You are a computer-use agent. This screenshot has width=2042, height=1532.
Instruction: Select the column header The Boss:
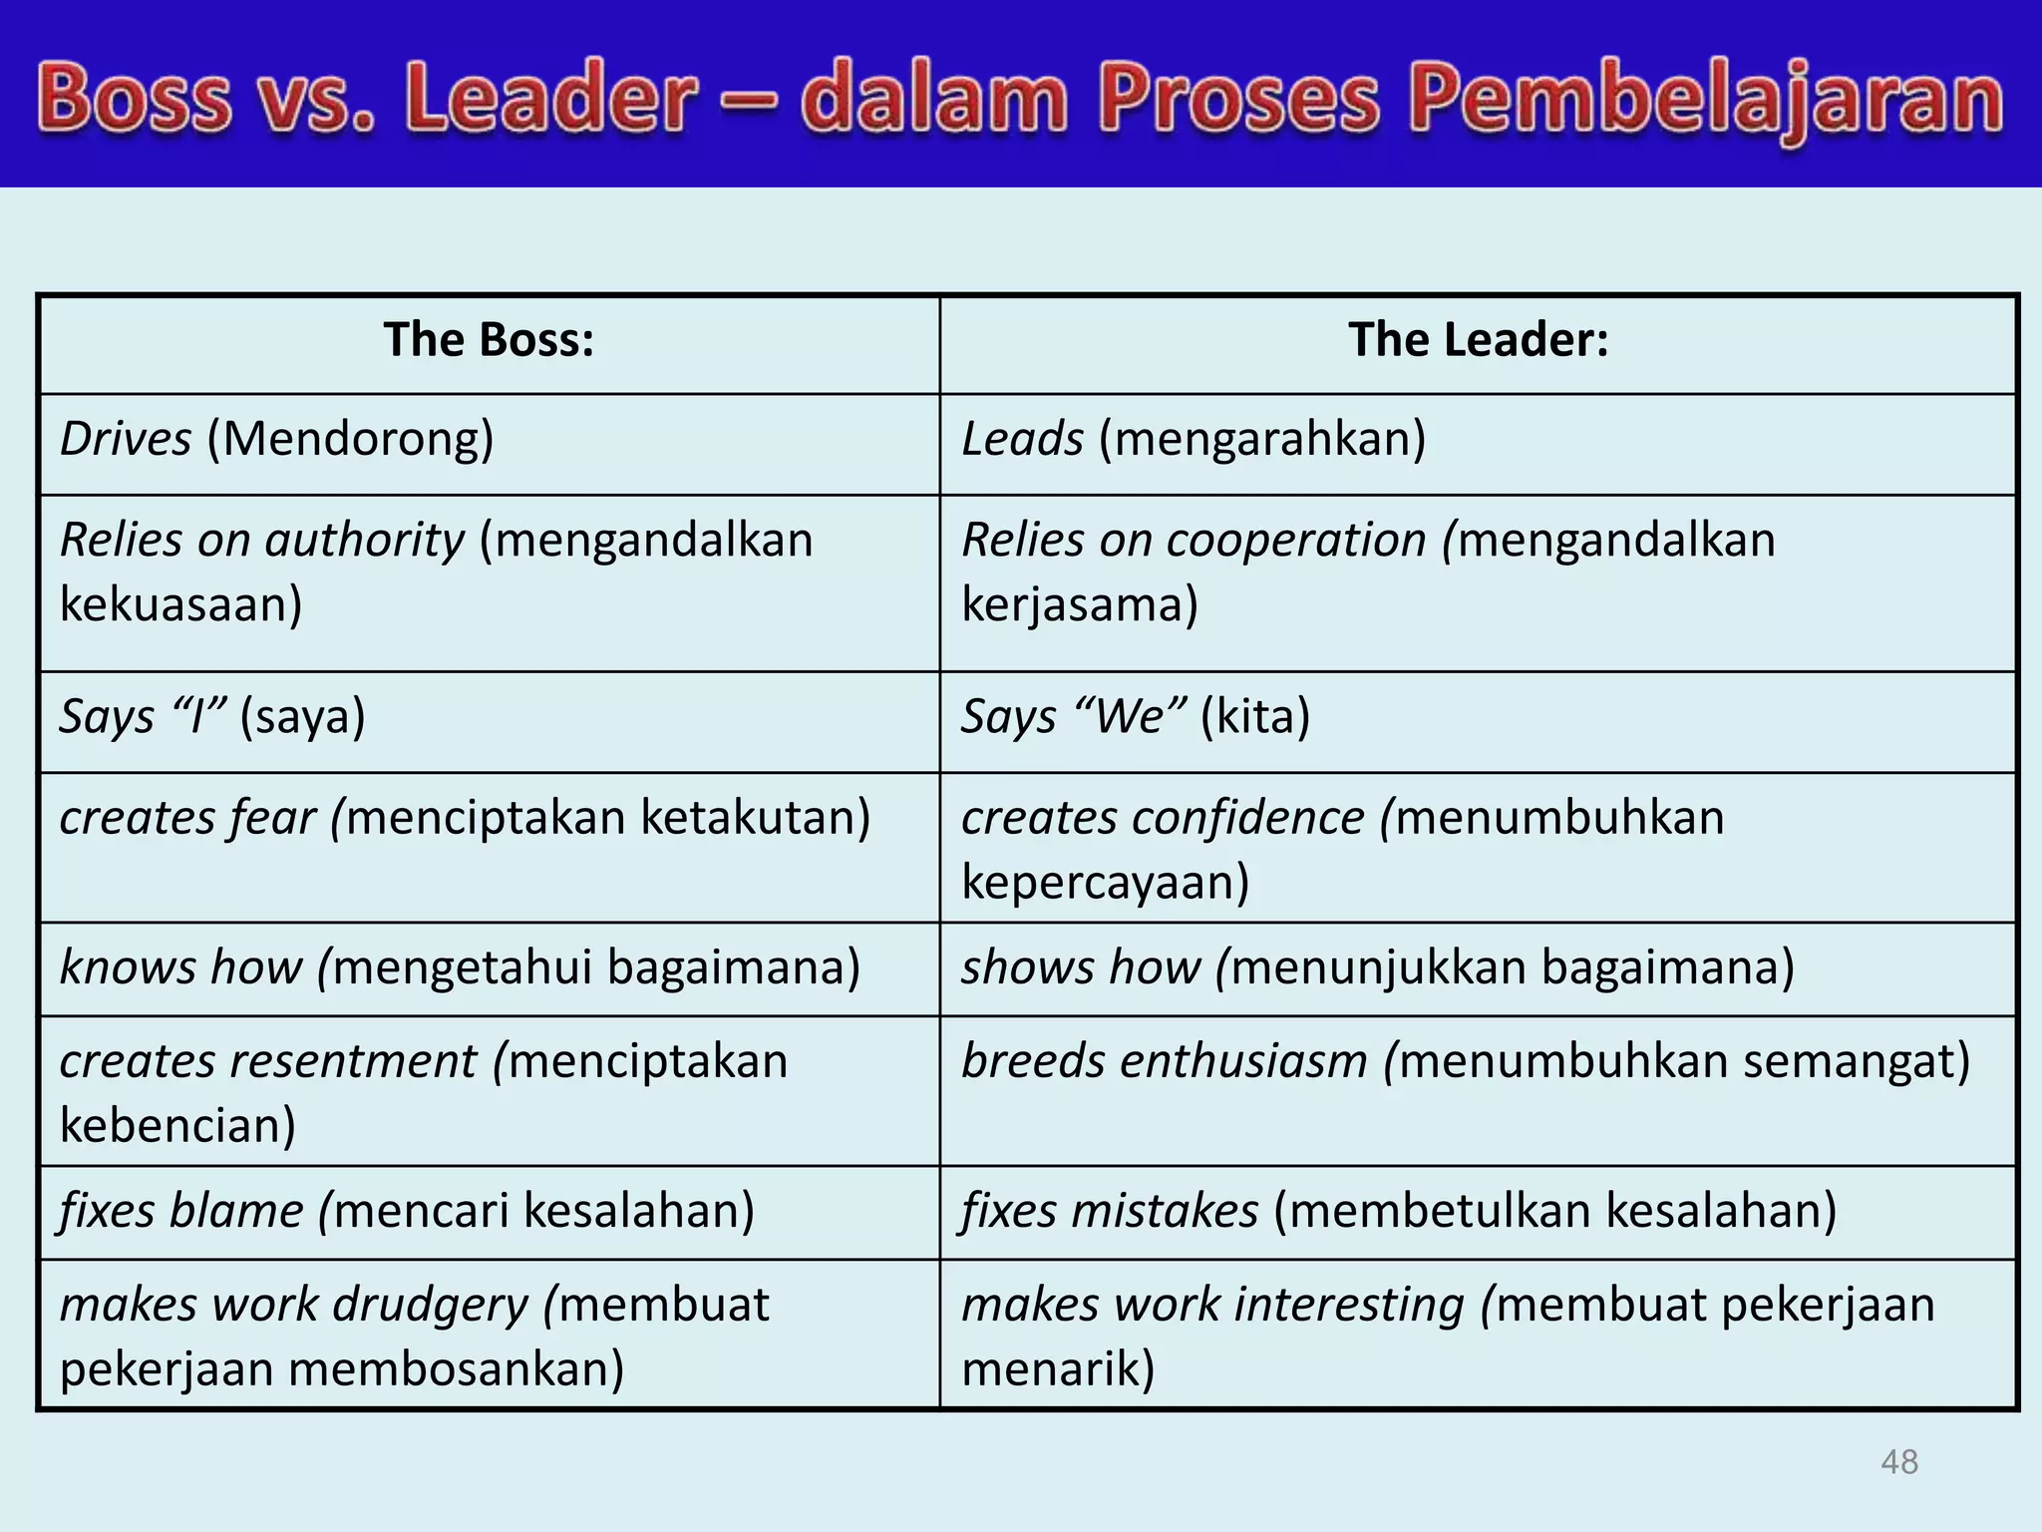pyautogui.click(x=489, y=340)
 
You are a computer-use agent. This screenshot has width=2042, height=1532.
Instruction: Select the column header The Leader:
pyautogui.click(x=1478, y=340)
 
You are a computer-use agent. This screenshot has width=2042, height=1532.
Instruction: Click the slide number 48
pyautogui.click(x=1898, y=1462)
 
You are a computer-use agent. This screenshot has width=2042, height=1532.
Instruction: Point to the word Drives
pyautogui.click(x=126, y=439)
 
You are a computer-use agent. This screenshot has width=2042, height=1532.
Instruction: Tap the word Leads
pyautogui.click(x=1022, y=439)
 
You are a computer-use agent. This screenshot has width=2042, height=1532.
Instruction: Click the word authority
pyautogui.click(x=364, y=541)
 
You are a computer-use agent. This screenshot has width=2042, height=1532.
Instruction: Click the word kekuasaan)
pyautogui.click(x=180, y=604)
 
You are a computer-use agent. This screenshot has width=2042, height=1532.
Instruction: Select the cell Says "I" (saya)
pyautogui.click(x=212, y=717)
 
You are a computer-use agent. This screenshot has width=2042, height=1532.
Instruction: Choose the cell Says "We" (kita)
pyautogui.click(x=1135, y=717)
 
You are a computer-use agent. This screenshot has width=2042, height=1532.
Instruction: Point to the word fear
pyautogui.click(x=272, y=818)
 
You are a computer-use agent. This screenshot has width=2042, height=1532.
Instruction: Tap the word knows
pyautogui.click(x=127, y=967)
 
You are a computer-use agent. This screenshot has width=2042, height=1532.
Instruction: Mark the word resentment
pyautogui.click(x=353, y=1061)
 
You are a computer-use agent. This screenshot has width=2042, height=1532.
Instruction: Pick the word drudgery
pyautogui.click(x=430, y=1305)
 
